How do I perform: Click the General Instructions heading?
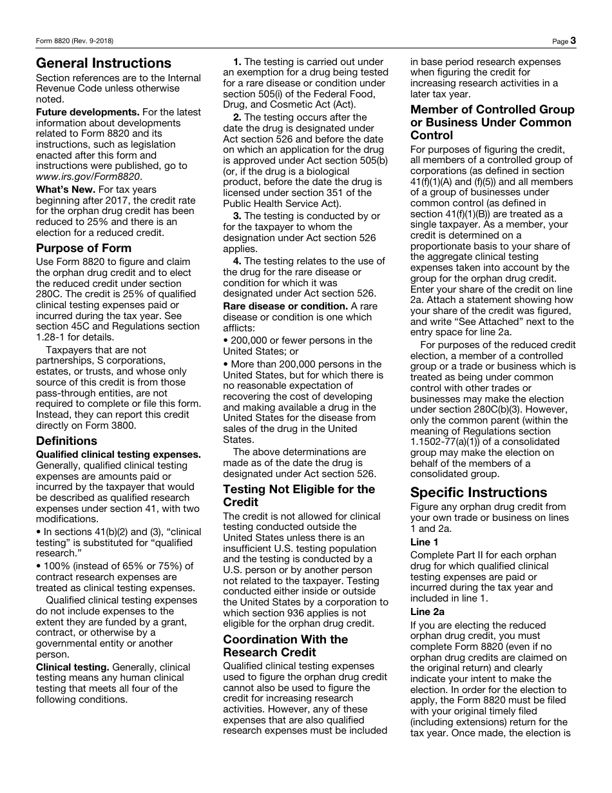click(104, 63)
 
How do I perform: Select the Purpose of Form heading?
click(84, 248)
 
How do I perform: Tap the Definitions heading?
click(67, 441)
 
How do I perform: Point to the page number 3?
click(573, 41)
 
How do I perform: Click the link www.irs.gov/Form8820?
click(88, 177)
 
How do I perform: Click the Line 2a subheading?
click(427, 612)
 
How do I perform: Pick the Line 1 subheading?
click(425, 542)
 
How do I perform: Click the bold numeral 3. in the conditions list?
click(237, 216)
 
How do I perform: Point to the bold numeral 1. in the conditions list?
click(237, 62)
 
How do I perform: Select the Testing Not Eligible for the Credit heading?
click(299, 496)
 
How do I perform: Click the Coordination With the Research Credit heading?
click(285, 646)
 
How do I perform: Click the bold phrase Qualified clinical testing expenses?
click(119, 455)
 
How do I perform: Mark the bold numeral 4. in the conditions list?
click(237, 261)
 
